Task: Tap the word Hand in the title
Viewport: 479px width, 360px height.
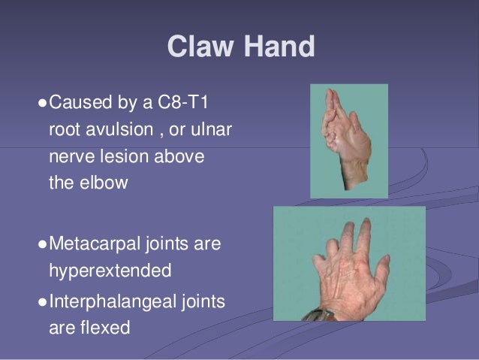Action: (274, 48)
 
